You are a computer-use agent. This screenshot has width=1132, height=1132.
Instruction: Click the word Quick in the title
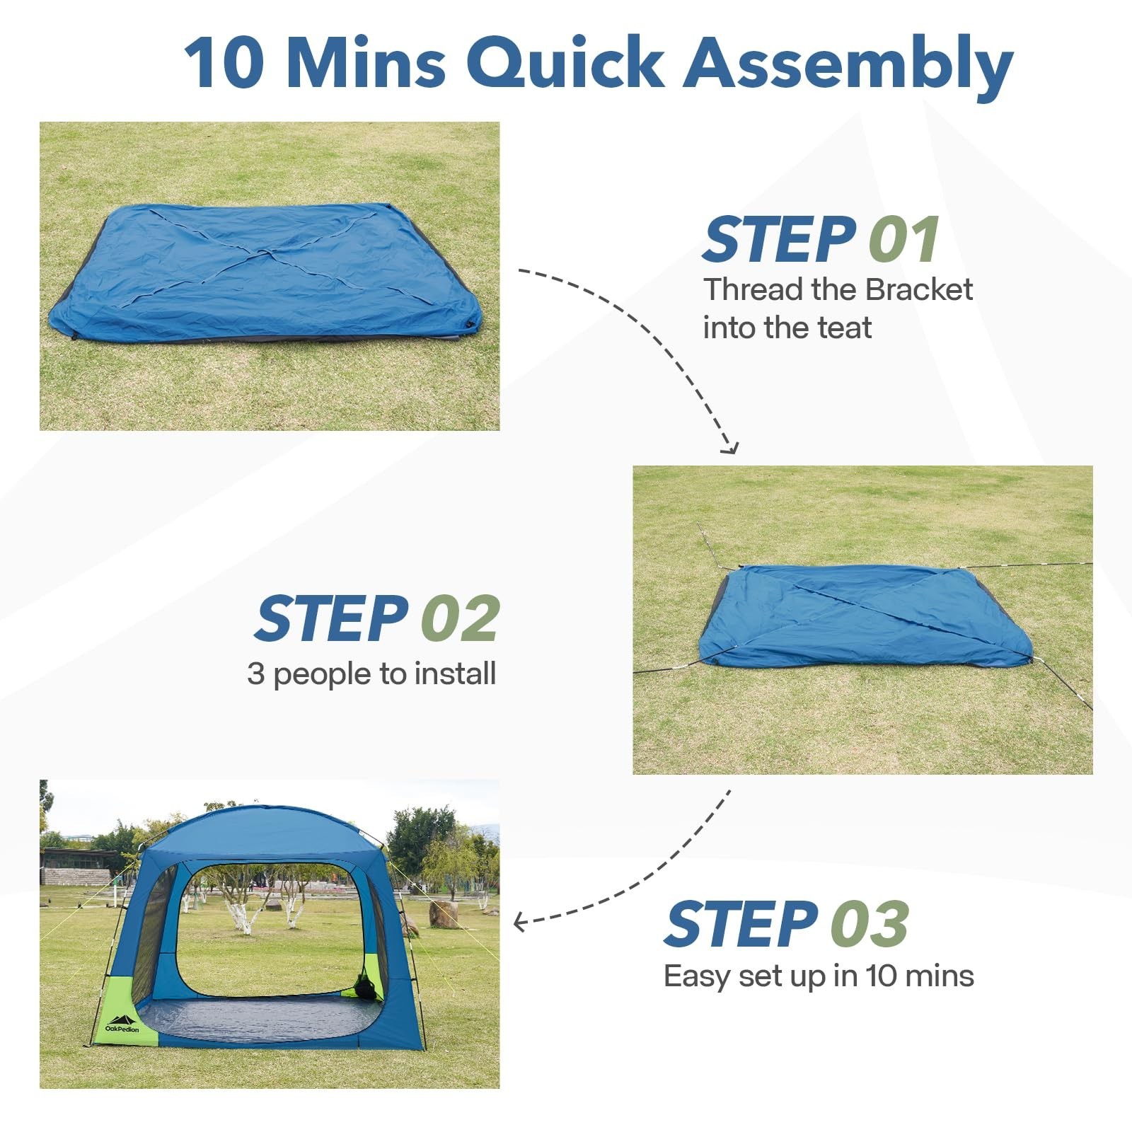coord(565,64)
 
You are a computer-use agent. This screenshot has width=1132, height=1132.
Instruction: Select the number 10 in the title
coord(224,64)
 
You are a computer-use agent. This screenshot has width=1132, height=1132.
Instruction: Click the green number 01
coord(904,241)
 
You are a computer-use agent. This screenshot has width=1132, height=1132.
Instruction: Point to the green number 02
coord(461,619)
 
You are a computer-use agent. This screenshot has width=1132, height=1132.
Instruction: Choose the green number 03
coord(870,925)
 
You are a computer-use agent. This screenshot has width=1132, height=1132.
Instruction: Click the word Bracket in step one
coord(919,290)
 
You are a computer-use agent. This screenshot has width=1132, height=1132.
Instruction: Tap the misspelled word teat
coord(845,328)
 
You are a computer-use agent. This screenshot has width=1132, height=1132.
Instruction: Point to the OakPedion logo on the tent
coord(122,1024)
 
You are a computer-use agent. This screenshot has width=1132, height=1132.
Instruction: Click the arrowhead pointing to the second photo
coord(730,449)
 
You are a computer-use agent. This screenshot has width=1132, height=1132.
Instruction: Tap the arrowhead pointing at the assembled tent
coord(519,922)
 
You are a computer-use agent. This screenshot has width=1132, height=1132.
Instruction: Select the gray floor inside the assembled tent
coord(262,1019)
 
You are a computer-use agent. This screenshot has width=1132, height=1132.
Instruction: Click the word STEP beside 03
coord(741,925)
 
